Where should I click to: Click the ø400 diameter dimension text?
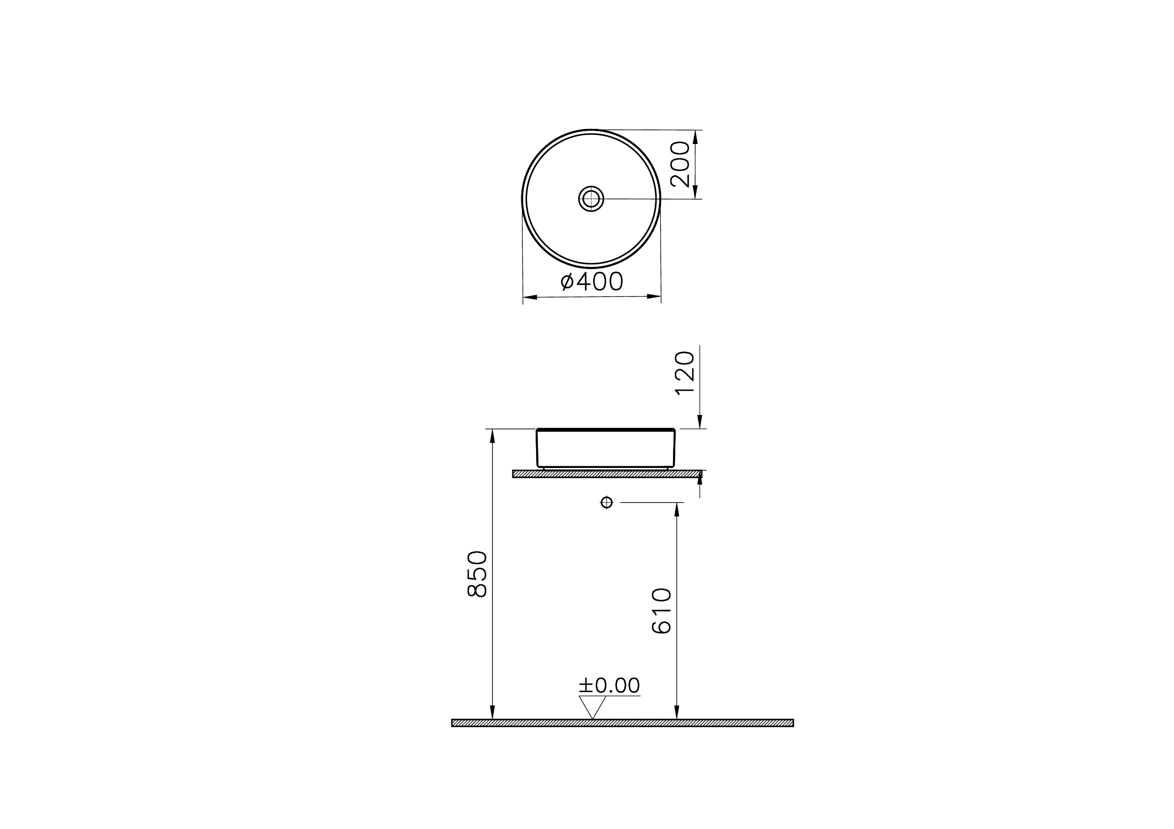point(591,281)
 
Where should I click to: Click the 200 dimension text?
point(681,164)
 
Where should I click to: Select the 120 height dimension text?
point(685,373)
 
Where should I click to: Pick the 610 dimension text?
point(662,611)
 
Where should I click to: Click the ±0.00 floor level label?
point(609,685)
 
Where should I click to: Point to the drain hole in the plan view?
point(591,198)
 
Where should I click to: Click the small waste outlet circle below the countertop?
point(607,502)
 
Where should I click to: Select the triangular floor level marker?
point(592,706)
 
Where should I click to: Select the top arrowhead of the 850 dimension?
point(492,435)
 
